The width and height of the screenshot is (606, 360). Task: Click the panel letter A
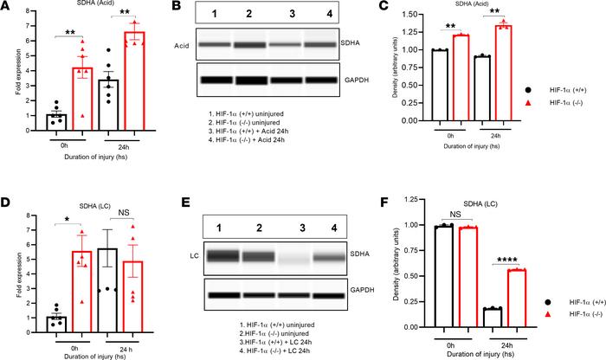[x=7, y=8]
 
